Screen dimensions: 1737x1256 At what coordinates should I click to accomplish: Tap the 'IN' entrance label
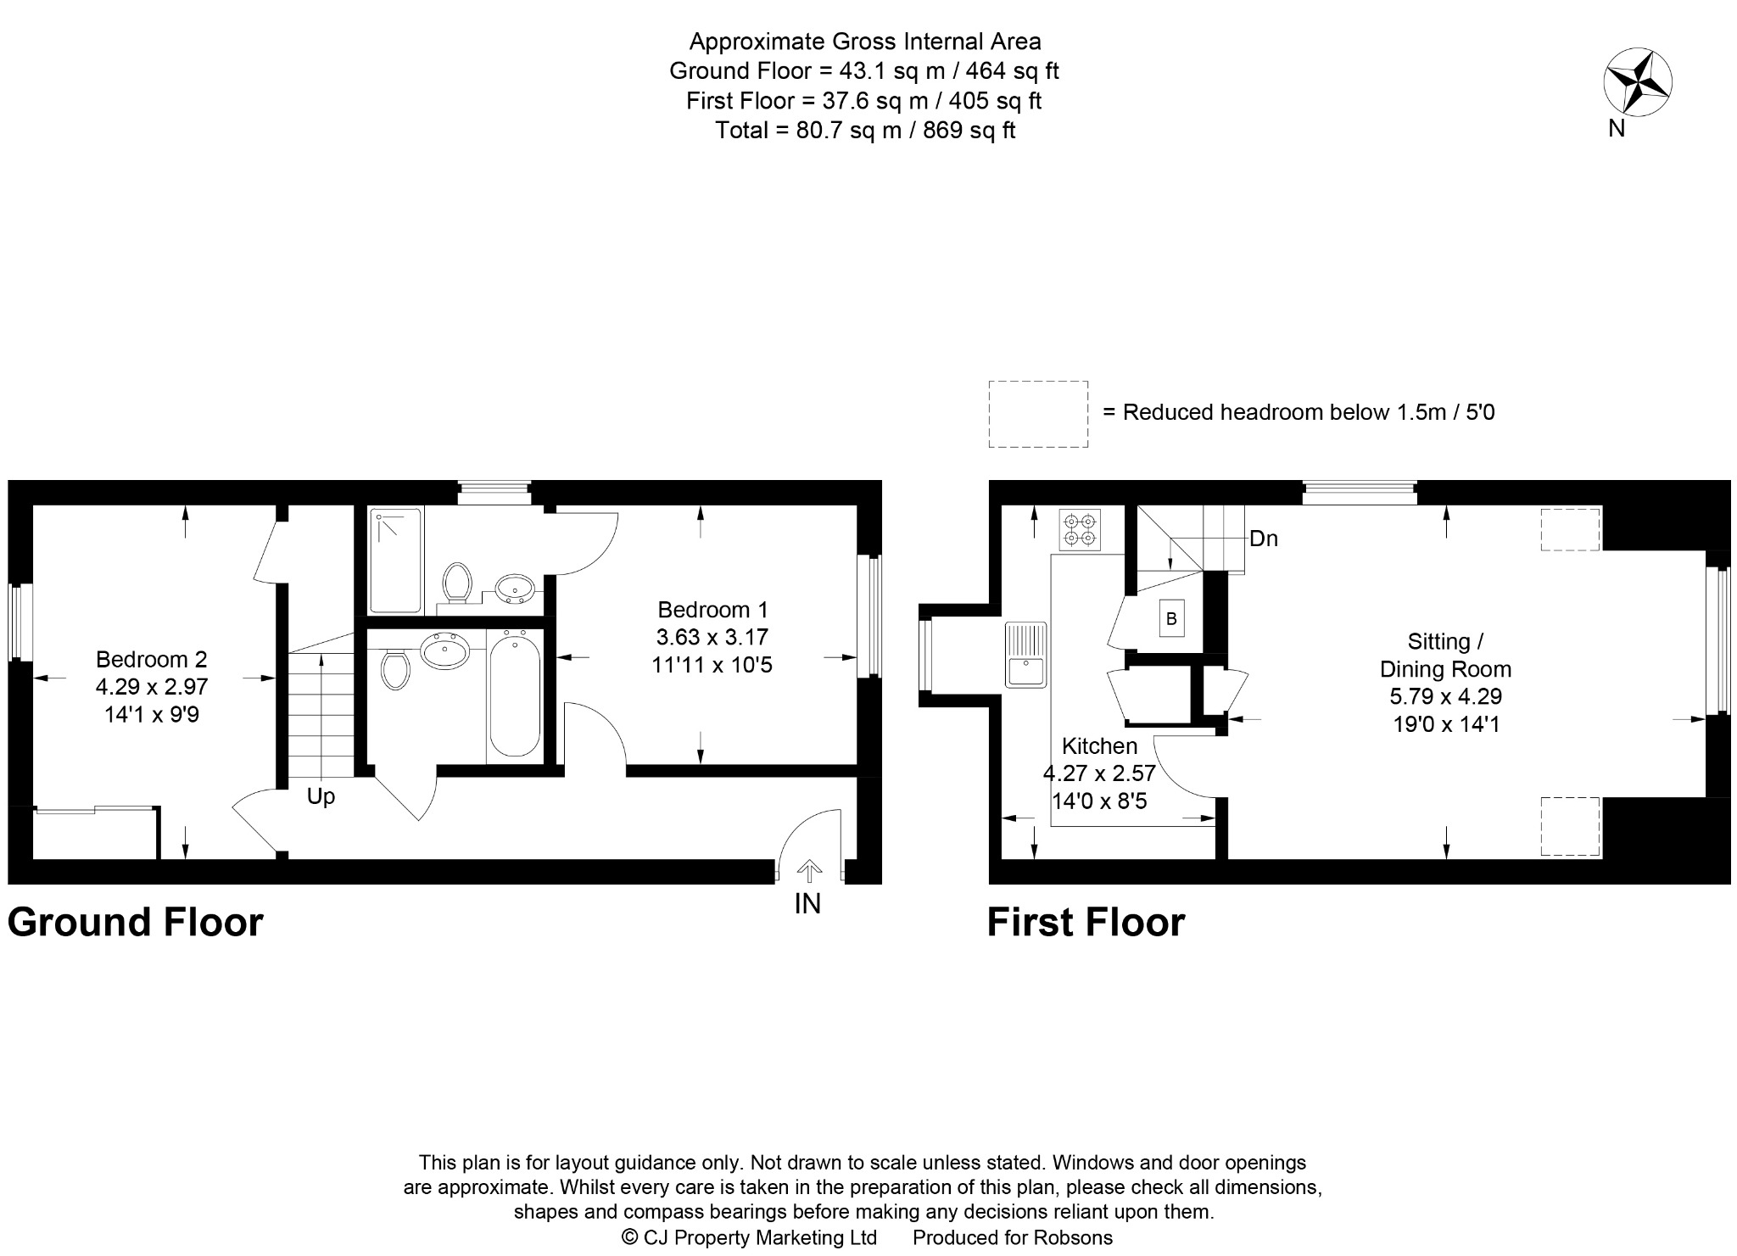(x=807, y=904)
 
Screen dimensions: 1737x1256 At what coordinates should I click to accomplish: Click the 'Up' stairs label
(x=321, y=796)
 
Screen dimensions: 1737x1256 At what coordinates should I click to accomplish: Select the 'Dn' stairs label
(x=1264, y=539)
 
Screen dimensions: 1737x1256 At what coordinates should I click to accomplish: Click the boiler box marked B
(x=1171, y=619)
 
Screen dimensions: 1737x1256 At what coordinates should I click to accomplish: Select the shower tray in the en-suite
(x=395, y=560)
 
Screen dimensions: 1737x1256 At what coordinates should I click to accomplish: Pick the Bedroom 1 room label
(x=712, y=610)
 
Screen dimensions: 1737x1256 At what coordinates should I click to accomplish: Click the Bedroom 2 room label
(x=151, y=659)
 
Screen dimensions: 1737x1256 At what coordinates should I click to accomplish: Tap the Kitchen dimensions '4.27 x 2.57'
(x=1099, y=773)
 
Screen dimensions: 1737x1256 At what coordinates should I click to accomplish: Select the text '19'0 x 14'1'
(x=1446, y=724)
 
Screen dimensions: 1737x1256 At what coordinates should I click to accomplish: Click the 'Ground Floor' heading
(x=136, y=922)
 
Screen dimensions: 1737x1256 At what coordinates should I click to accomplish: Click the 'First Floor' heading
(x=1086, y=922)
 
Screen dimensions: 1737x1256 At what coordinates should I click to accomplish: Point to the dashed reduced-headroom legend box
(x=1038, y=414)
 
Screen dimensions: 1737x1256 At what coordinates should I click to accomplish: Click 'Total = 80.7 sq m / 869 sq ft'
(x=865, y=130)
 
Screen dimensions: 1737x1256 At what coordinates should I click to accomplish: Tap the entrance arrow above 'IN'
(x=809, y=871)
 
